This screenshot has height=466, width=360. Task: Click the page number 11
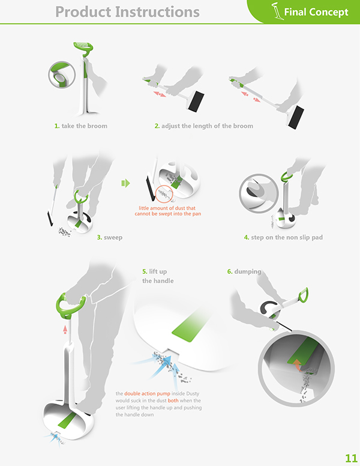pos(351,458)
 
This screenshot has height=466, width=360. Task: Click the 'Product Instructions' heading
pos(127,12)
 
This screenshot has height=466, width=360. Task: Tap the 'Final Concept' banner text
pos(316,12)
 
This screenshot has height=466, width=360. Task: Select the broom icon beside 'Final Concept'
pos(277,11)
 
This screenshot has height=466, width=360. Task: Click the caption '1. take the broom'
pos(81,126)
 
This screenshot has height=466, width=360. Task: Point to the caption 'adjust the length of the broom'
pos(208,126)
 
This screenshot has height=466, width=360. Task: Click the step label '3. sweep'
pos(110,237)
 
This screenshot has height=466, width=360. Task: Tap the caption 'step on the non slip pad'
pos(287,237)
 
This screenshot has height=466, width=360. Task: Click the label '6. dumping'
pos(244,271)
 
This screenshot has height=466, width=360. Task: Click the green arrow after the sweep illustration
pos(125,183)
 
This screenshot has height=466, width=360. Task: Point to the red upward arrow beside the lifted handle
pos(65,329)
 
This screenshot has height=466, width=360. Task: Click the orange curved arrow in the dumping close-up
pos(297,365)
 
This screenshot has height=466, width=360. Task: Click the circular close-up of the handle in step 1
pos(62,74)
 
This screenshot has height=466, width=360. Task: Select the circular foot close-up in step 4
pos(259,193)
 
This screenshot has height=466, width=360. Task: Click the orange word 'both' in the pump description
pos(173,401)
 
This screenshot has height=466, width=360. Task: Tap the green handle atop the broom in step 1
pos(84,47)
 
